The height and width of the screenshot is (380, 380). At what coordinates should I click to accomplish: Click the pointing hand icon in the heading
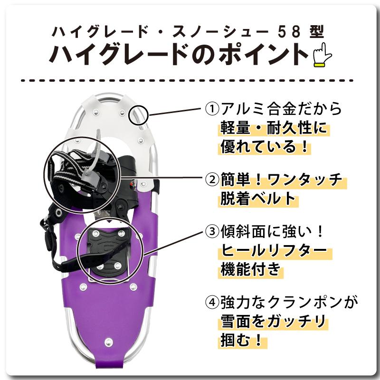pyautogui.click(x=322, y=56)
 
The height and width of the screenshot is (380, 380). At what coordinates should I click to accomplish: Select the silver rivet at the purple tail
pyautogui.click(x=108, y=342)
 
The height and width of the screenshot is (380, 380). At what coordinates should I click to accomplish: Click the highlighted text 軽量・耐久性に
pyautogui.click(x=274, y=128)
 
